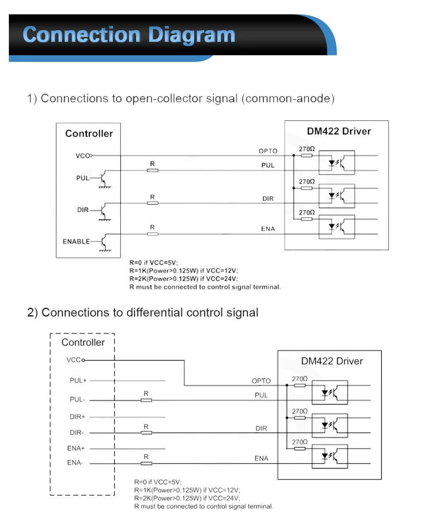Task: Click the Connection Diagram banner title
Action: (x=129, y=34)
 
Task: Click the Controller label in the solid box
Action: (x=89, y=134)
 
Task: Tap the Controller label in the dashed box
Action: (x=83, y=342)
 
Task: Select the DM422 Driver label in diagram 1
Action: (x=339, y=131)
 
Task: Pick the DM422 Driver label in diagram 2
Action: (x=332, y=361)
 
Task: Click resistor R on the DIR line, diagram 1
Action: (x=152, y=203)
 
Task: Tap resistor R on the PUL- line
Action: (x=146, y=400)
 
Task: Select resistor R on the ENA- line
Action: (x=146, y=463)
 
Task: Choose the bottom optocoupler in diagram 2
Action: (x=330, y=456)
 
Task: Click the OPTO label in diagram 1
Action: (x=268, y=151)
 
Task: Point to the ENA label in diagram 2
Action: (x=261, y=459)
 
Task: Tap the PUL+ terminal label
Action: (x=78, y=380)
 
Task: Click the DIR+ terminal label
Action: (x=77, y=417)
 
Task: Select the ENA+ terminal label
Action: (x=76, y=448)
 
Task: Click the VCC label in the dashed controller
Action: (x=73, y=360)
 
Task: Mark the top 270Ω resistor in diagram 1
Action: (x=306, y=156)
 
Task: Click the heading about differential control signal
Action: (x=143, y=313)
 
